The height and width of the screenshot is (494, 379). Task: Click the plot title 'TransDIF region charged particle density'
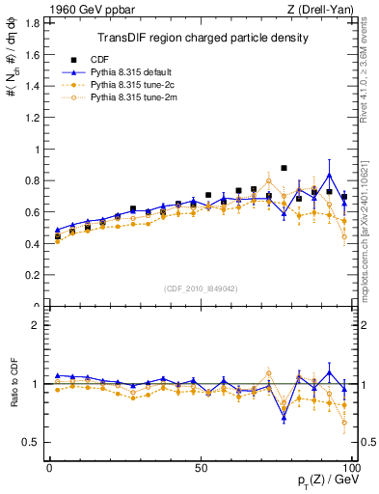(203, 39)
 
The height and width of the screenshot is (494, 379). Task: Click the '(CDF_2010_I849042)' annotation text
(202, 287)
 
